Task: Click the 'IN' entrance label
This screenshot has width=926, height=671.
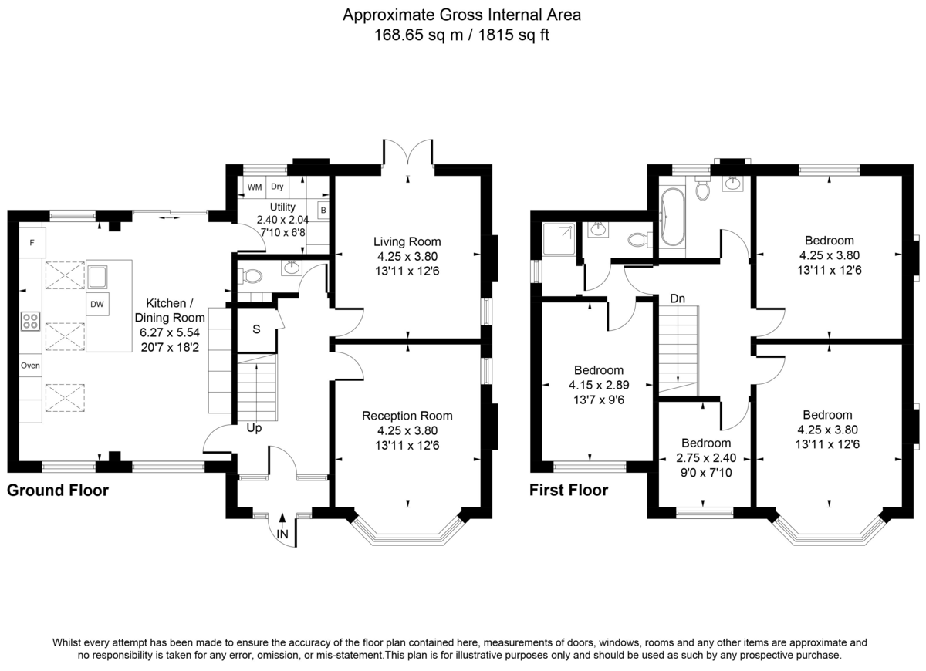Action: pos(283,534)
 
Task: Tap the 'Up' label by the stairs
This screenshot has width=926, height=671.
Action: pos(254,427)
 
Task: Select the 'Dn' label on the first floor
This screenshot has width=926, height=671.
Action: pos(677,298)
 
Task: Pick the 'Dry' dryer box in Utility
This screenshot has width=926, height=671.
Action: pos(277,187)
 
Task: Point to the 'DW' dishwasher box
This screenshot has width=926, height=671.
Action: pos(97,305)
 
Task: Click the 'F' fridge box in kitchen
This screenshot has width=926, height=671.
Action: pos(32,244)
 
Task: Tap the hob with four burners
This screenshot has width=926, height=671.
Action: pos(31,321)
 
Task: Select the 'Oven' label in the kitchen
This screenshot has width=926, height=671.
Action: pos(30,366)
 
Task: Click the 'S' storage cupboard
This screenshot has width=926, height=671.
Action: pos(256,329)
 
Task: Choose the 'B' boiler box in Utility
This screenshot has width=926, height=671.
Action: pos(323,210)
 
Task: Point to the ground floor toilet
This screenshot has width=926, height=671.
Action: pos(250,275)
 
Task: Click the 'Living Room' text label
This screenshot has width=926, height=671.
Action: pos(407,242)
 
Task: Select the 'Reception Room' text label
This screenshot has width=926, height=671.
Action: pos(407,416)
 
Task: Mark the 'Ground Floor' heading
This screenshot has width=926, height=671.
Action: pos(58,490)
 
